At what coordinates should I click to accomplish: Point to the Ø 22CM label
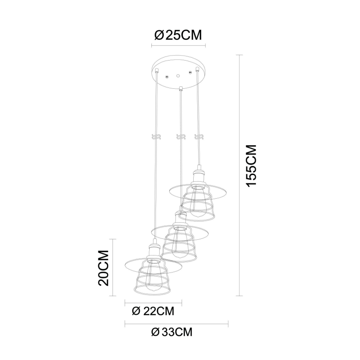152,310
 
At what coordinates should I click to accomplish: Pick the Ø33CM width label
172,332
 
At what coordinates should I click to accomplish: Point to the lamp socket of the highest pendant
198,176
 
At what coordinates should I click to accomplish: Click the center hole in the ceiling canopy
178,76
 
